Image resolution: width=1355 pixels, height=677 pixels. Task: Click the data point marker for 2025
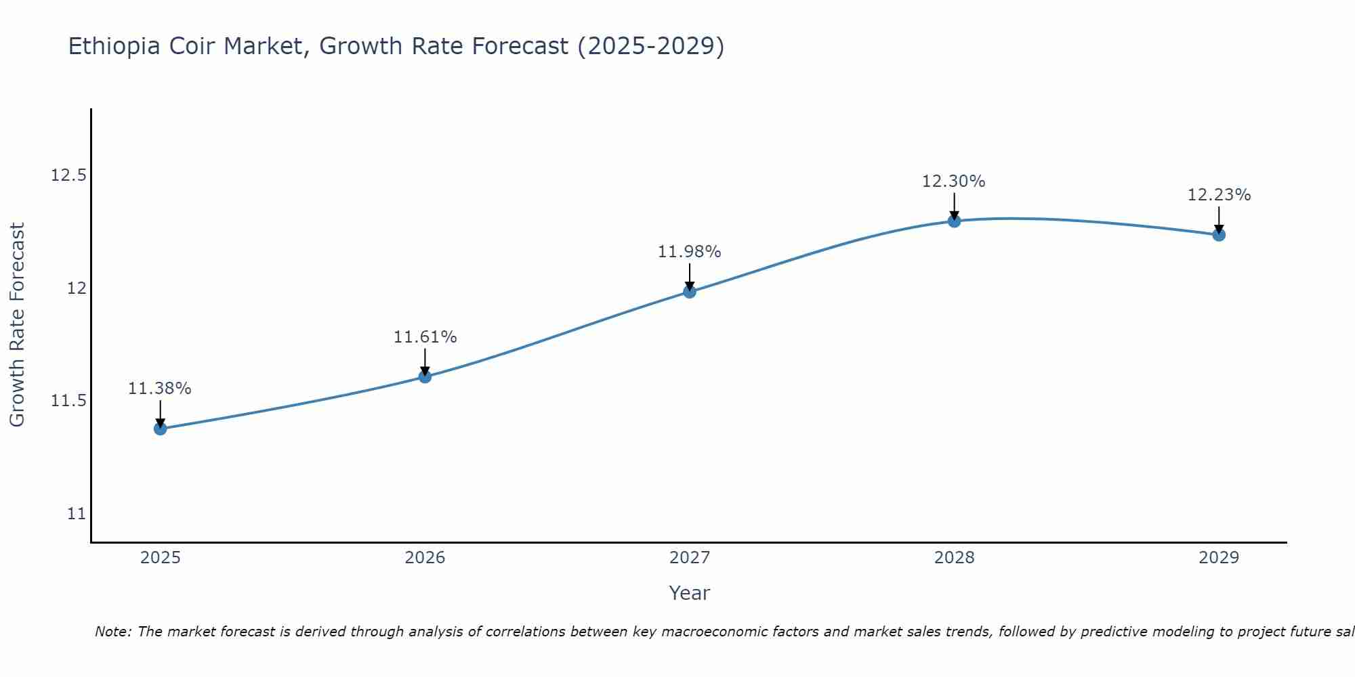pos(161,429)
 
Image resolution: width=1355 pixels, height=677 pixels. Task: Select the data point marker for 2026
pos(425,376)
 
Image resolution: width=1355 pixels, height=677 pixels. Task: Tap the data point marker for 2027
pos(690,292)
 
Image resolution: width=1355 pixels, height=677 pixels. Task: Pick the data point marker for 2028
pos(954,221)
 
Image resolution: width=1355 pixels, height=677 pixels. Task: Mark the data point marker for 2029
pos(1219,235)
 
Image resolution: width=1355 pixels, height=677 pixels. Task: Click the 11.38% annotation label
pos(160,389)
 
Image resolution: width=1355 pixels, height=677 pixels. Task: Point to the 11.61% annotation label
pos(425,337)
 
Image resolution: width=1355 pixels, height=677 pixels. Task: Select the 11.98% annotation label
pos(690,252)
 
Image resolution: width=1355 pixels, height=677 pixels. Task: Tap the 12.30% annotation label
pos(954,181)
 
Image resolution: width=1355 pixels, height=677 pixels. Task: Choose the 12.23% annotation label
pos(1219,195)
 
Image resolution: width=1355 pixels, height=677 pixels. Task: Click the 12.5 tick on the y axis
pos(69,176)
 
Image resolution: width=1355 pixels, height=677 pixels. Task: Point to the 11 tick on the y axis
pos(77,514)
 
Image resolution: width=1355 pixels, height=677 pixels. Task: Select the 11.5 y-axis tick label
pos(69,401)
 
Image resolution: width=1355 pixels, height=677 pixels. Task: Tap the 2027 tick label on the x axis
pos(690,558)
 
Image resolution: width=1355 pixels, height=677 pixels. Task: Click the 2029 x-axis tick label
pos(1219,558)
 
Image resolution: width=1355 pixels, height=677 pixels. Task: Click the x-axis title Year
pos(689,593)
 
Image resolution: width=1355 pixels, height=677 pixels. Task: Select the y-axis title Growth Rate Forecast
pos(18,325)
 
